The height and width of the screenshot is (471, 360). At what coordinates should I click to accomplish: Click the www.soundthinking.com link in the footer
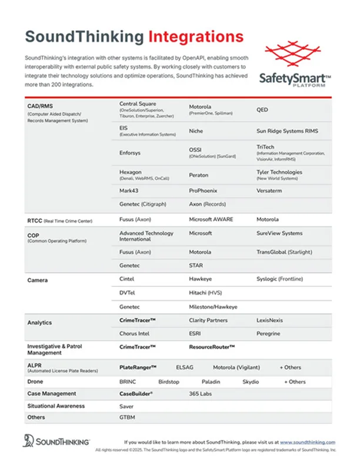click(x=307, y=442)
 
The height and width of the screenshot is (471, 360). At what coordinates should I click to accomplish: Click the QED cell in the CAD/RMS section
click(x=262, y=110)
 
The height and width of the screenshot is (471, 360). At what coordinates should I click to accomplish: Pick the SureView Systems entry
click(x=279, y=233)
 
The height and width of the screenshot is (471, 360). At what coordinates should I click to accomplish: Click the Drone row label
click(x=35, y=381)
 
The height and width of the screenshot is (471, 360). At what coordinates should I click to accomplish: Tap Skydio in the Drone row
click(x=251, y=381)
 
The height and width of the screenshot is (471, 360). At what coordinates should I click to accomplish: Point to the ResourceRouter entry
click(x=212, y=347)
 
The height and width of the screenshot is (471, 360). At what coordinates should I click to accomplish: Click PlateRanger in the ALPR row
click(x=138, y=367)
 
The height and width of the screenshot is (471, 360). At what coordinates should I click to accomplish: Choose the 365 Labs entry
click(x=200, y=393)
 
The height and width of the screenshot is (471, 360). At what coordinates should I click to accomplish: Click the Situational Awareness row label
click(x=56, y=406)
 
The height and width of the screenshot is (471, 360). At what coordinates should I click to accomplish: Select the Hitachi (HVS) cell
click(x=205, y=292)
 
